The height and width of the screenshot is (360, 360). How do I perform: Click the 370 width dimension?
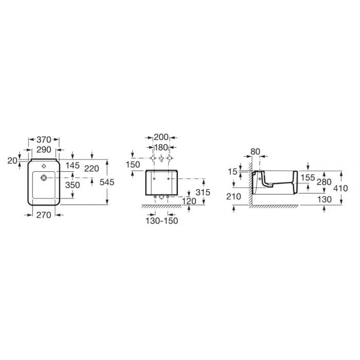[x=44, y=139]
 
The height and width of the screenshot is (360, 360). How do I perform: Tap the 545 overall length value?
[x=121, y=182]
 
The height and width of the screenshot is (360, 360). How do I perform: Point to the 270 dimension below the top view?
[x=44, y=215]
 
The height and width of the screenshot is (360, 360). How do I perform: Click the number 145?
[x=73, y=166]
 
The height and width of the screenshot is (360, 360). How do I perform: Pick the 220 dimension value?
[x=92, y=168]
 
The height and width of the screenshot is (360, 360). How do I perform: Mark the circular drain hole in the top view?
[x=44, y=178]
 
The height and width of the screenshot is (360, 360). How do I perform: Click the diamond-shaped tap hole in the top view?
[x=44, y=166]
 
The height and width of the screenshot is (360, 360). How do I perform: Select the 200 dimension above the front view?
[x=161, y=137]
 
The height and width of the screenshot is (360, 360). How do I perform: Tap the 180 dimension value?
[x=161, y=147]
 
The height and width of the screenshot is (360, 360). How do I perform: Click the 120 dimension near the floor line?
[x=189, y=201]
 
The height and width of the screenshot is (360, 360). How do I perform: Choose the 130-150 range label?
[x=161, y=221]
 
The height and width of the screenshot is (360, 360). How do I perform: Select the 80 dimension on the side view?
[x=256, y=152]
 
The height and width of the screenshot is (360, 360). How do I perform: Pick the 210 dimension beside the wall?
[x=234, y=196]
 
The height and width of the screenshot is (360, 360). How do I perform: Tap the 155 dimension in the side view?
[x=308, y=177]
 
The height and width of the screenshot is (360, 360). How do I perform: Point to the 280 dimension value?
[x=325, y=182]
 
